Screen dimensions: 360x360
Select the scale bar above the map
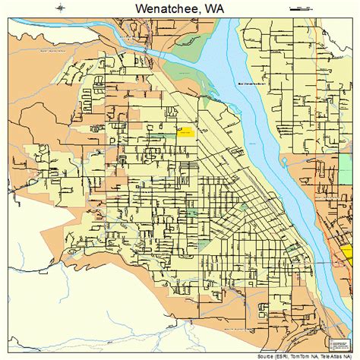pos(301,8)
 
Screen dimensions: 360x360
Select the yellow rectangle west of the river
pos(186,131)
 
